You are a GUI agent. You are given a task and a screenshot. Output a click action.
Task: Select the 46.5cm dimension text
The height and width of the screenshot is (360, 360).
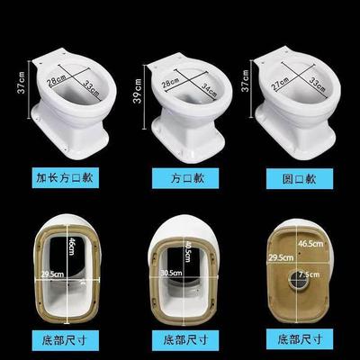tap(311, 243)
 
